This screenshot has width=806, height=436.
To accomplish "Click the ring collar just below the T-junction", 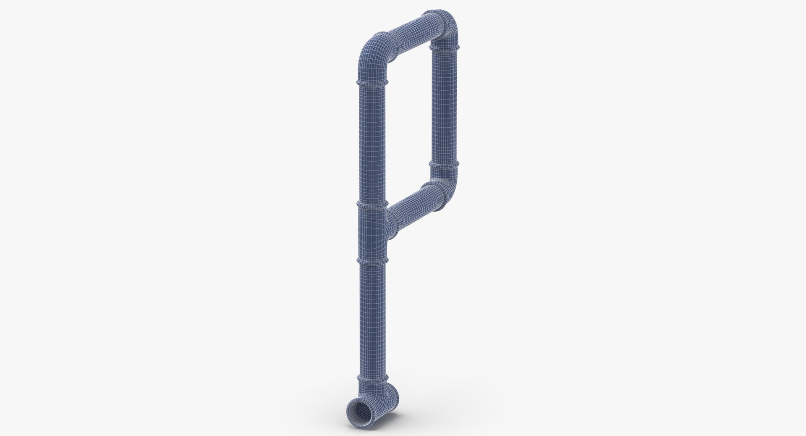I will [371, 260].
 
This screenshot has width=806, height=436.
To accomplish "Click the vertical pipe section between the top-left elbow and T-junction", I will [371, 143].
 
